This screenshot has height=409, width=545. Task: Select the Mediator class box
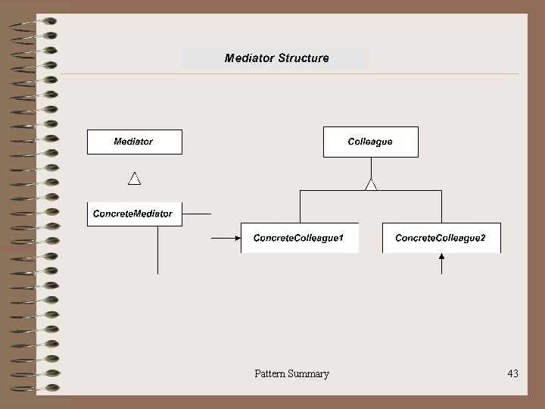pos(135,142)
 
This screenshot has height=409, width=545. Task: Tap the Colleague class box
pos(370,142)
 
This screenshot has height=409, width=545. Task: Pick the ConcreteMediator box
pos(133,214)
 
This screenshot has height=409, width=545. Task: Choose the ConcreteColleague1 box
pos(299,238)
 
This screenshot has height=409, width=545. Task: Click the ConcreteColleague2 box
pos(441,238)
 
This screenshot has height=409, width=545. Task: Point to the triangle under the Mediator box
pos(134,179)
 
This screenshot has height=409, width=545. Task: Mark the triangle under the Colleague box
pos(370,184)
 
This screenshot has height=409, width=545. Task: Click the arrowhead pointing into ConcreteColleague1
pos(235,239)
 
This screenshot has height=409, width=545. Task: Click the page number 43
pos(512,373)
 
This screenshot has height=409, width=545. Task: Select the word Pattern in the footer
pos(270,373)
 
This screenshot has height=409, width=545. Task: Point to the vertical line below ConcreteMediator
pos(157,250)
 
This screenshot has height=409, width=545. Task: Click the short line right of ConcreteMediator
pos(198,214)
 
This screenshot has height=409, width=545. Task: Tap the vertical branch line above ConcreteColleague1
pos(301,206)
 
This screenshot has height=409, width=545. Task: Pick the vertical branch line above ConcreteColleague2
pos(441,206)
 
